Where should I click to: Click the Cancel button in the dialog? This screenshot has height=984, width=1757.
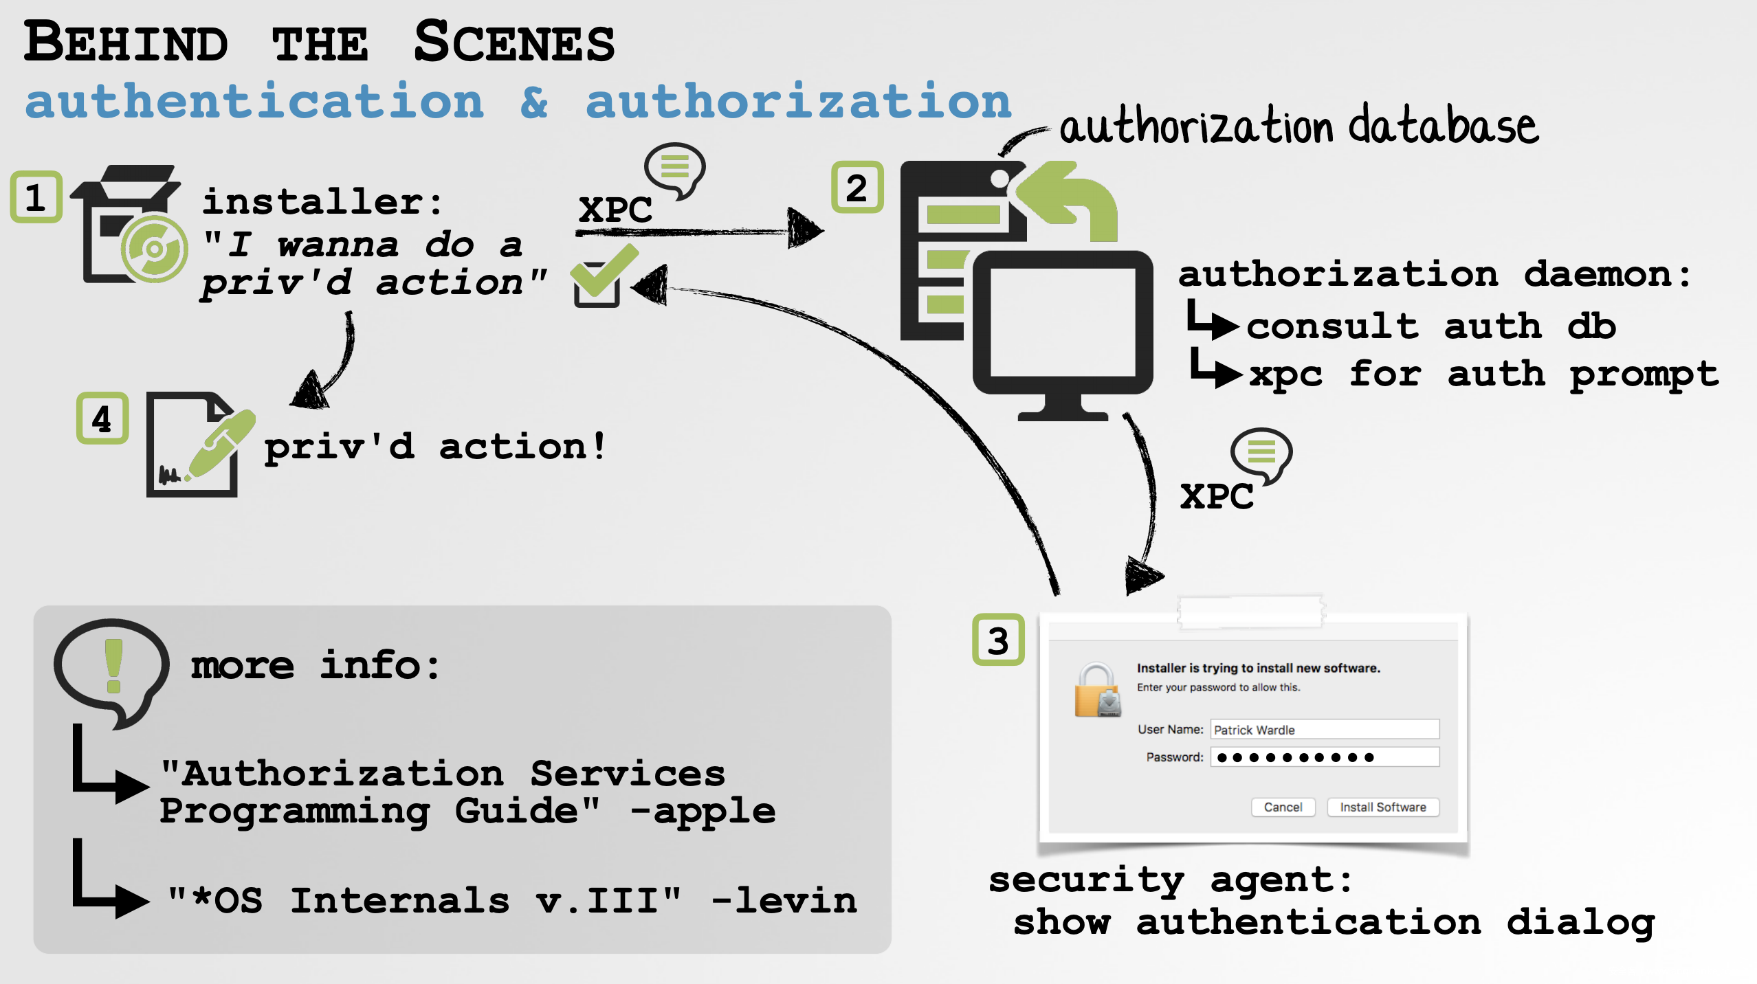1283,807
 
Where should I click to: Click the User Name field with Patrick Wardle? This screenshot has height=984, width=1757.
1324,729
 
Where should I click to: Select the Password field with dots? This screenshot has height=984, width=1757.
1324,757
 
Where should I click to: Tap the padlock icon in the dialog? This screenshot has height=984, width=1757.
1098,691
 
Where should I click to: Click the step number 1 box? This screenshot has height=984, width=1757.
36,197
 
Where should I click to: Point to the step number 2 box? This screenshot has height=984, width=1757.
857,188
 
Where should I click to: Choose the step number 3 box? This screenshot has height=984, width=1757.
998,640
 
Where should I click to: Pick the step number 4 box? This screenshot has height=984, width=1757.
102,418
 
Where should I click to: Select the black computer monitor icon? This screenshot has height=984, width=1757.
1062,330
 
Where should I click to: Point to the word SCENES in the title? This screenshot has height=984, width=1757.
514,43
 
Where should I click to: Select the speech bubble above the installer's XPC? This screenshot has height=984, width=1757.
674,168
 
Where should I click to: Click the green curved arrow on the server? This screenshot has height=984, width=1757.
1073,199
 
